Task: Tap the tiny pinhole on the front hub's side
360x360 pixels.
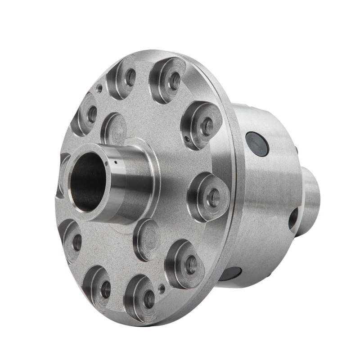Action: tap(116, 162)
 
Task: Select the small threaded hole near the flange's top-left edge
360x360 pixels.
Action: tap(99, 89)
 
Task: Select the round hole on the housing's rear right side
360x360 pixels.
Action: tap(293, 219)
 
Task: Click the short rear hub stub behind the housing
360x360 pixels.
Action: tap(310, 200)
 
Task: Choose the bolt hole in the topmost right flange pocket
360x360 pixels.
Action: tap(174, 81)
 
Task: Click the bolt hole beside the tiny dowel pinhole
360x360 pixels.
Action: tap(207, 126)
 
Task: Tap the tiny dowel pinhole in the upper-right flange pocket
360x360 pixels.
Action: tap(187, 139)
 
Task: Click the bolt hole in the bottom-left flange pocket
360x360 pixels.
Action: tap(106, 289)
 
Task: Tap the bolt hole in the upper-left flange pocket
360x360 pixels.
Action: tap(92, 114)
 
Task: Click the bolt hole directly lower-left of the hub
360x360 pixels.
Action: tap(77, 242)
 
